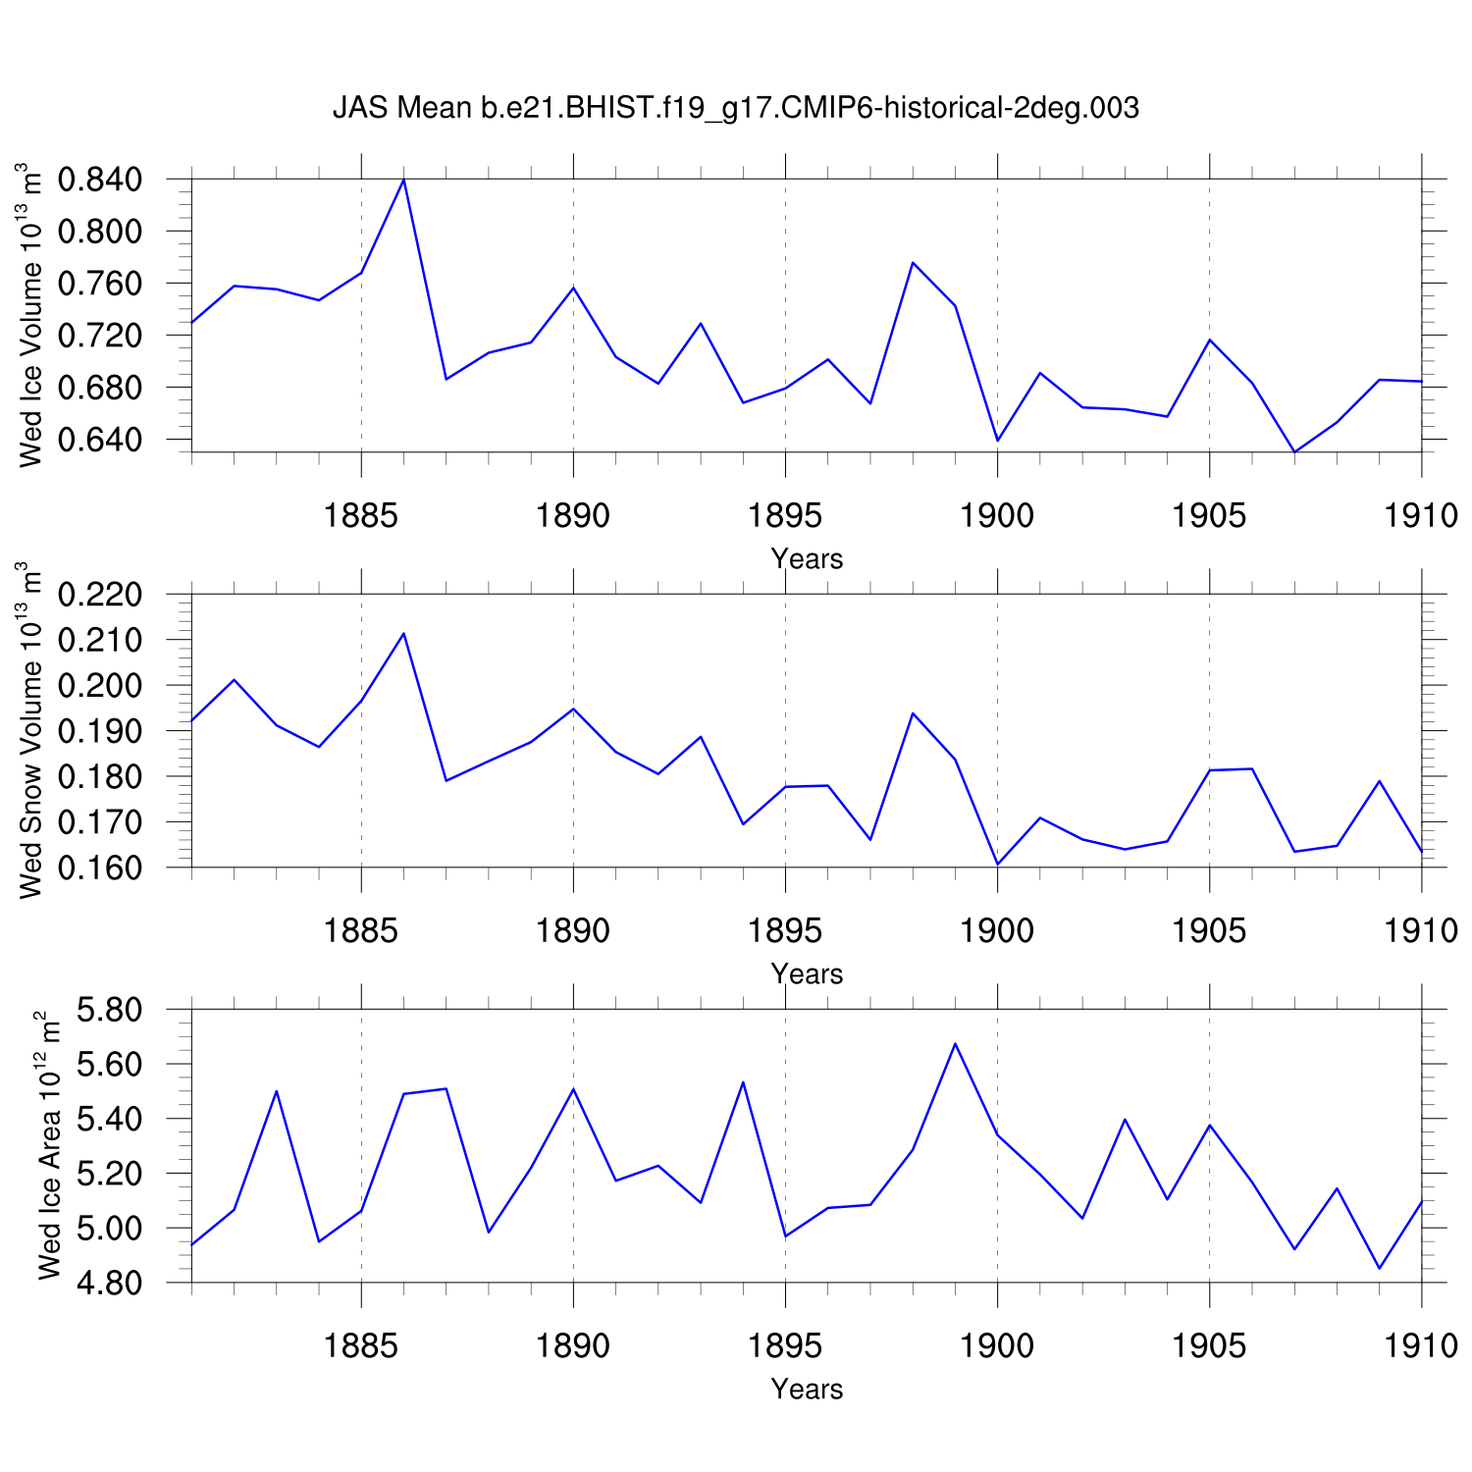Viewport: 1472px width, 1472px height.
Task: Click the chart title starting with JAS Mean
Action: tap(736, 107)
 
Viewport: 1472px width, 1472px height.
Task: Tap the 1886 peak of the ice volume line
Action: tap(403, 180)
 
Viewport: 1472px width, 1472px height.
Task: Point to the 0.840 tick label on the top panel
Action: tap(99, 180)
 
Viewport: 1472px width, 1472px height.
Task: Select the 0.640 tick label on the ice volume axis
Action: tap(99, 439)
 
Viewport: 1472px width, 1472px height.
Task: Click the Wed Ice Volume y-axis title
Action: tap(31, 314)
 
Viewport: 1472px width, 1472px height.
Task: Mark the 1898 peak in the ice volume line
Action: tap(913, 263)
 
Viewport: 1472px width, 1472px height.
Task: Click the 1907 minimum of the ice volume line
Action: tap(1294, 451)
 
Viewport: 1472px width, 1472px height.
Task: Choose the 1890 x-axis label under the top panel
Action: tap(573, 515)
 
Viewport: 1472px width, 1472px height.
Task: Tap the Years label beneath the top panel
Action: tap(807, 558)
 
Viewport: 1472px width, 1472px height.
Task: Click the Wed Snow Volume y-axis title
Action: tap(31, 730)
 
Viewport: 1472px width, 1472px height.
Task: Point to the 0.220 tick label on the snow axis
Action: tap(99, 595)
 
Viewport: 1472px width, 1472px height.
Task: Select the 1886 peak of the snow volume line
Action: tap(403, 633)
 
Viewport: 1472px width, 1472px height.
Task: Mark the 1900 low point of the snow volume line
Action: tap(997, 864)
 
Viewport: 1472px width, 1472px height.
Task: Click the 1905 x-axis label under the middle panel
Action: tap(1209, 930)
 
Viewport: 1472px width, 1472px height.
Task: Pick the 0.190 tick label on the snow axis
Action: tap(99, 731)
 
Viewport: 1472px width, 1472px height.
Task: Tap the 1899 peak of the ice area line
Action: tap(955, 1043)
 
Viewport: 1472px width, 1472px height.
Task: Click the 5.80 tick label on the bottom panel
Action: tap(109, 1009)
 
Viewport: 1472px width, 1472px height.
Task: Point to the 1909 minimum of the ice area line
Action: tap(1379, 1268)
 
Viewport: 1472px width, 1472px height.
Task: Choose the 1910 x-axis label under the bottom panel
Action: tap(1421, 1345)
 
